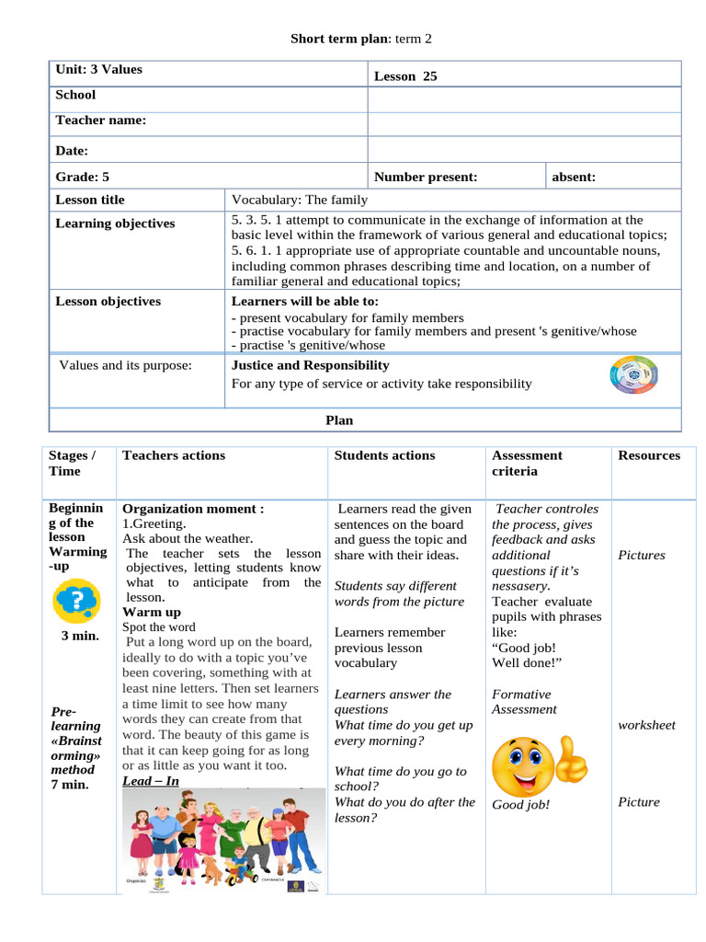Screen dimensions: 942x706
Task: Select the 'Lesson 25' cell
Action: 405,76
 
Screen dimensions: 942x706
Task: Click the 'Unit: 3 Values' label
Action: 99,69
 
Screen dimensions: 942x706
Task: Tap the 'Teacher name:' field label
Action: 100,121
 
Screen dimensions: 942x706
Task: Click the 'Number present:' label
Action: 426,177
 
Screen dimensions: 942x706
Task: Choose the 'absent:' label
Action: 574,177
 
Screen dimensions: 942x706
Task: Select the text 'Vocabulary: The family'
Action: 300,200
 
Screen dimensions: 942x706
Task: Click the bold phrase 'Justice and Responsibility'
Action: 310,365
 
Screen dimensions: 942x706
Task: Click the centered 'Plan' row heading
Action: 339,420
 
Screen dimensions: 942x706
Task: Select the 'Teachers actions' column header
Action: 174,455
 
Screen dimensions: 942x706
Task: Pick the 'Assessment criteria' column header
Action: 527,463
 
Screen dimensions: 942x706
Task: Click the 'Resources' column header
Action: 649,455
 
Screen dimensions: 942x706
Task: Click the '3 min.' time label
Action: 79,636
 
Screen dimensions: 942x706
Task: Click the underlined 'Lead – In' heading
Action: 151,781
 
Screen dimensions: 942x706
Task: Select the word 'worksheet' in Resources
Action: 646,725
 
